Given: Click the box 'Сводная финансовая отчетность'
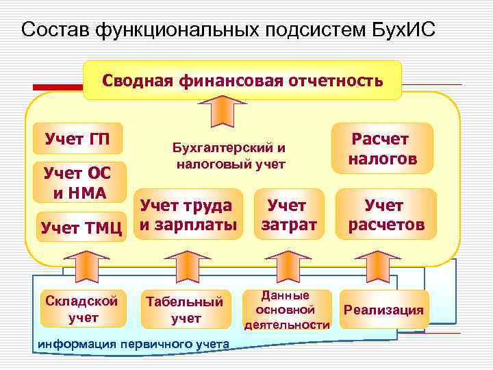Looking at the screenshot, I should point(242,81).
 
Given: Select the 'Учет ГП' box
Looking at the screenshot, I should point(74,140).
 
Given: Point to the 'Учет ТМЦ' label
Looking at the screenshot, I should point(81,226).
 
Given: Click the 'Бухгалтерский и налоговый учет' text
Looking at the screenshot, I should point(230,156).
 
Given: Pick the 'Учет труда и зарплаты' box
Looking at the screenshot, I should point(188,214).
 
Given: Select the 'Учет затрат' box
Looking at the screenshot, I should point(288,214).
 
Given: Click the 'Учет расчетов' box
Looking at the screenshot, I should point(385,214).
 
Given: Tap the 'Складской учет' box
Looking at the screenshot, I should point(82,308).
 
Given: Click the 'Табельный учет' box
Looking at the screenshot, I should point(185,309).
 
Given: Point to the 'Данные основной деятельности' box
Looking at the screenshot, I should point(287,310).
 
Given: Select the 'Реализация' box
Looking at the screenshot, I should point(383,310).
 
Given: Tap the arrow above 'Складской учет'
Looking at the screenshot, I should point(83,264).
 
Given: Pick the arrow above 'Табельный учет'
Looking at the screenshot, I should point(185,264).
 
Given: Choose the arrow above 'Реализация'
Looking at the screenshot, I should point(375,264).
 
